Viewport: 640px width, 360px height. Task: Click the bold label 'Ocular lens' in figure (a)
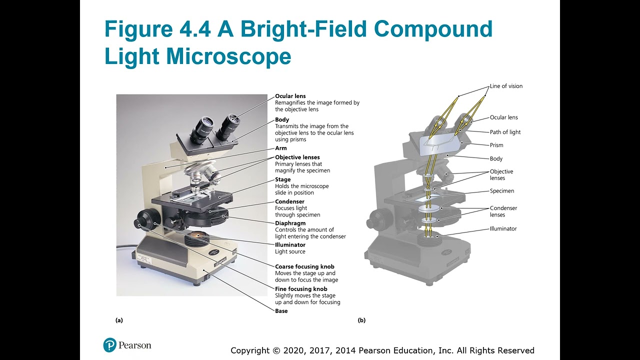coord(290,96)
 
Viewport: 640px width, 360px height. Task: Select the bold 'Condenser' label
coord(289,201)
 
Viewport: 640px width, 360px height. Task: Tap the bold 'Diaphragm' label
coord(290,223)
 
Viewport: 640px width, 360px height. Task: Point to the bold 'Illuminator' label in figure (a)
coord(290,245)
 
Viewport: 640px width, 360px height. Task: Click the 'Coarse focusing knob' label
coord(304,266)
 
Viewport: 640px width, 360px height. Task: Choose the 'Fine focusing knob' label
coord(301,288)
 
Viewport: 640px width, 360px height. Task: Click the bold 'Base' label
coord(281,311)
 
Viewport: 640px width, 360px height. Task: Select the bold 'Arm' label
coord(281,148)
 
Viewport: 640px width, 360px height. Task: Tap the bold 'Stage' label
coord(282,179)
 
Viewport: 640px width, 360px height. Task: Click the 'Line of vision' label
coord(506,86)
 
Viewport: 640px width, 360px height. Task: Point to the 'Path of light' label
coord(505,132)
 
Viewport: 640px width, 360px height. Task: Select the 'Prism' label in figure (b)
coord(496,145)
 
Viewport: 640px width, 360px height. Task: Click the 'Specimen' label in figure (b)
coord(502,191)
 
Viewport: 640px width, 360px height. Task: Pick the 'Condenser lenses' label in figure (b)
coord(503,211)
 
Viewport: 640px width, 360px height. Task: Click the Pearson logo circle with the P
coord(110,345)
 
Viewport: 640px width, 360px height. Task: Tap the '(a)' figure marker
coord(119,320)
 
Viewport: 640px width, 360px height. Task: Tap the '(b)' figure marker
coord(361,320)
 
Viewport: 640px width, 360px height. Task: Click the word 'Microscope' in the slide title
coord(228,56)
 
